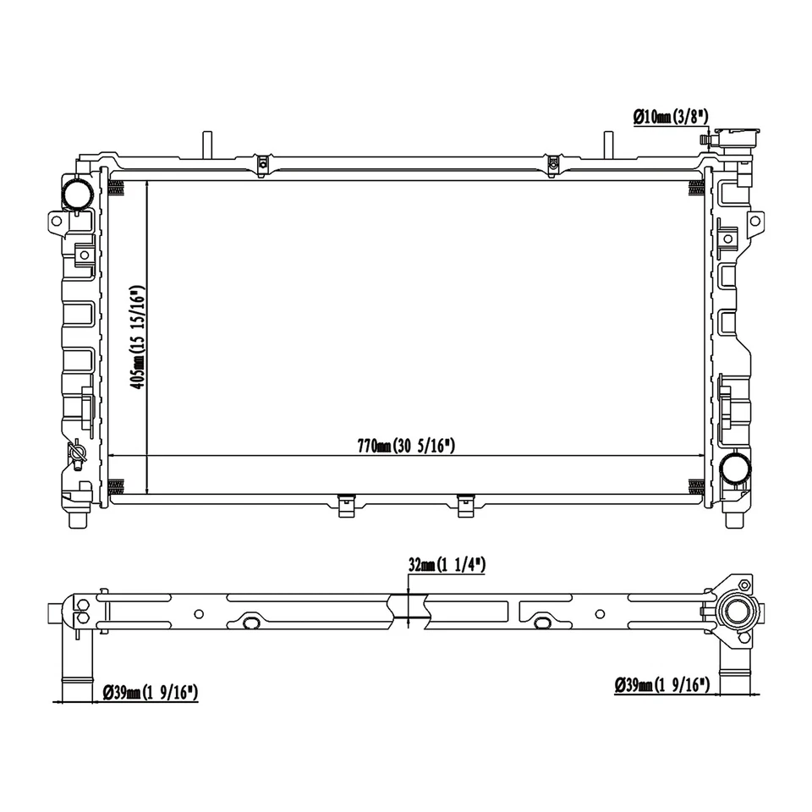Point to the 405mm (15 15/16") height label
138,337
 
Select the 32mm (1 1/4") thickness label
446,565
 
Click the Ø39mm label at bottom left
150,693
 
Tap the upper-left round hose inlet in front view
76,194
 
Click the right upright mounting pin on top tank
606,144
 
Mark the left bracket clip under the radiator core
346,505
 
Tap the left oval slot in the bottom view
251,623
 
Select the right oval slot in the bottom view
544,623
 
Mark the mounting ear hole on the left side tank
57,221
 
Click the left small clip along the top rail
263,163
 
